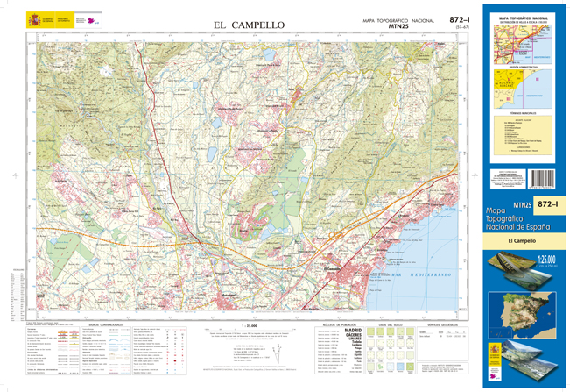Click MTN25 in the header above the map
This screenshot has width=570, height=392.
pos(398,27)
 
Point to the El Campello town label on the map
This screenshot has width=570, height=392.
pos(333,267)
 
